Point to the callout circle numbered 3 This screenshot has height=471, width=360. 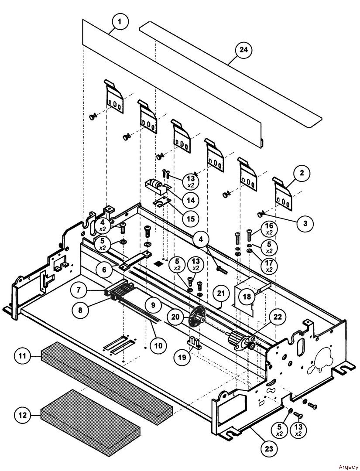pos(305,223)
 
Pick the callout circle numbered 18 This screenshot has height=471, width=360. pos(247,297)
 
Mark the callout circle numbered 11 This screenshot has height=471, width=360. pos(22,356)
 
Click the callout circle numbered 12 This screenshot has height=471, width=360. pos(22,415)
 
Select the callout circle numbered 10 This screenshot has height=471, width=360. pos(158,345)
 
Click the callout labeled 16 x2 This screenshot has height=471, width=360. pos(269,229)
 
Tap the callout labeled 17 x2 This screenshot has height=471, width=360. pos(269,266)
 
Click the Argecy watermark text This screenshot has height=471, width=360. pos(347,466)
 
